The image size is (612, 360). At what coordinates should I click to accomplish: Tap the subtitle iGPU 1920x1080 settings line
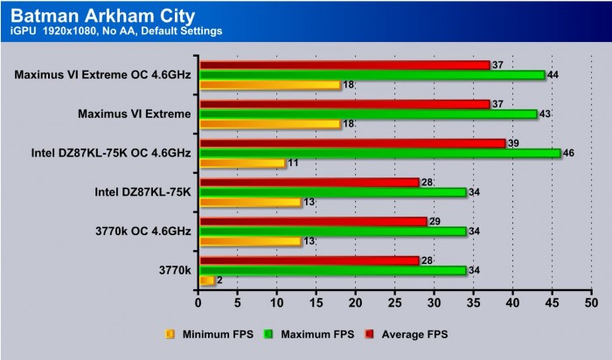116,31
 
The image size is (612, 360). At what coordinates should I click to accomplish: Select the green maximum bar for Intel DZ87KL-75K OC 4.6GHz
380,153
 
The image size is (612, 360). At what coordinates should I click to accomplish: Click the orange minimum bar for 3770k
207,280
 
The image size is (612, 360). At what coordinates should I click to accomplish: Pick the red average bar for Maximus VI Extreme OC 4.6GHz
344,65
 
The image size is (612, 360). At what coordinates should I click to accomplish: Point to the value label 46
568,153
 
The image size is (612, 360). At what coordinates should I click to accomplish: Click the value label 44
553,75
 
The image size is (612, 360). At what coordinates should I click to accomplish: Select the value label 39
513,142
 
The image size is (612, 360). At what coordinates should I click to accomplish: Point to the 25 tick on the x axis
395,302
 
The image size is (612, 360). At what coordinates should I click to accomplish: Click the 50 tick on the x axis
591,302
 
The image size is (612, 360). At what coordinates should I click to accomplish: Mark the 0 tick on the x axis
199,302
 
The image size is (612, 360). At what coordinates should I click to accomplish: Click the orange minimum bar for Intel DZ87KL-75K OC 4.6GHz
243,163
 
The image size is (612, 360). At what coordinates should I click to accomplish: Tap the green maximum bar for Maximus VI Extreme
368,114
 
